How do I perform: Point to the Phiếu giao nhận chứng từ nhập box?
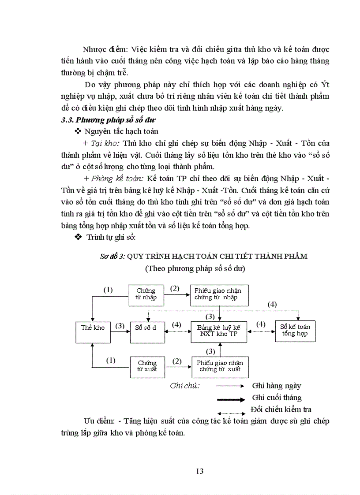tap(219, 295)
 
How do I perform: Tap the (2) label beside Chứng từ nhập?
tap(175, 289)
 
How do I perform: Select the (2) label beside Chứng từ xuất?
tap(176, 361)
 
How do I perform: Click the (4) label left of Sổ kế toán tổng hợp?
tap(261, 324)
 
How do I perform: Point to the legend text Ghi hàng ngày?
tap(277, 386)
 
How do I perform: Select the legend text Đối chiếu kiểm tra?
tap(281, 409)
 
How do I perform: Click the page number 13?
tap(199, 471)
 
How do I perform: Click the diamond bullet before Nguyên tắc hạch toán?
tap(78, 131)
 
